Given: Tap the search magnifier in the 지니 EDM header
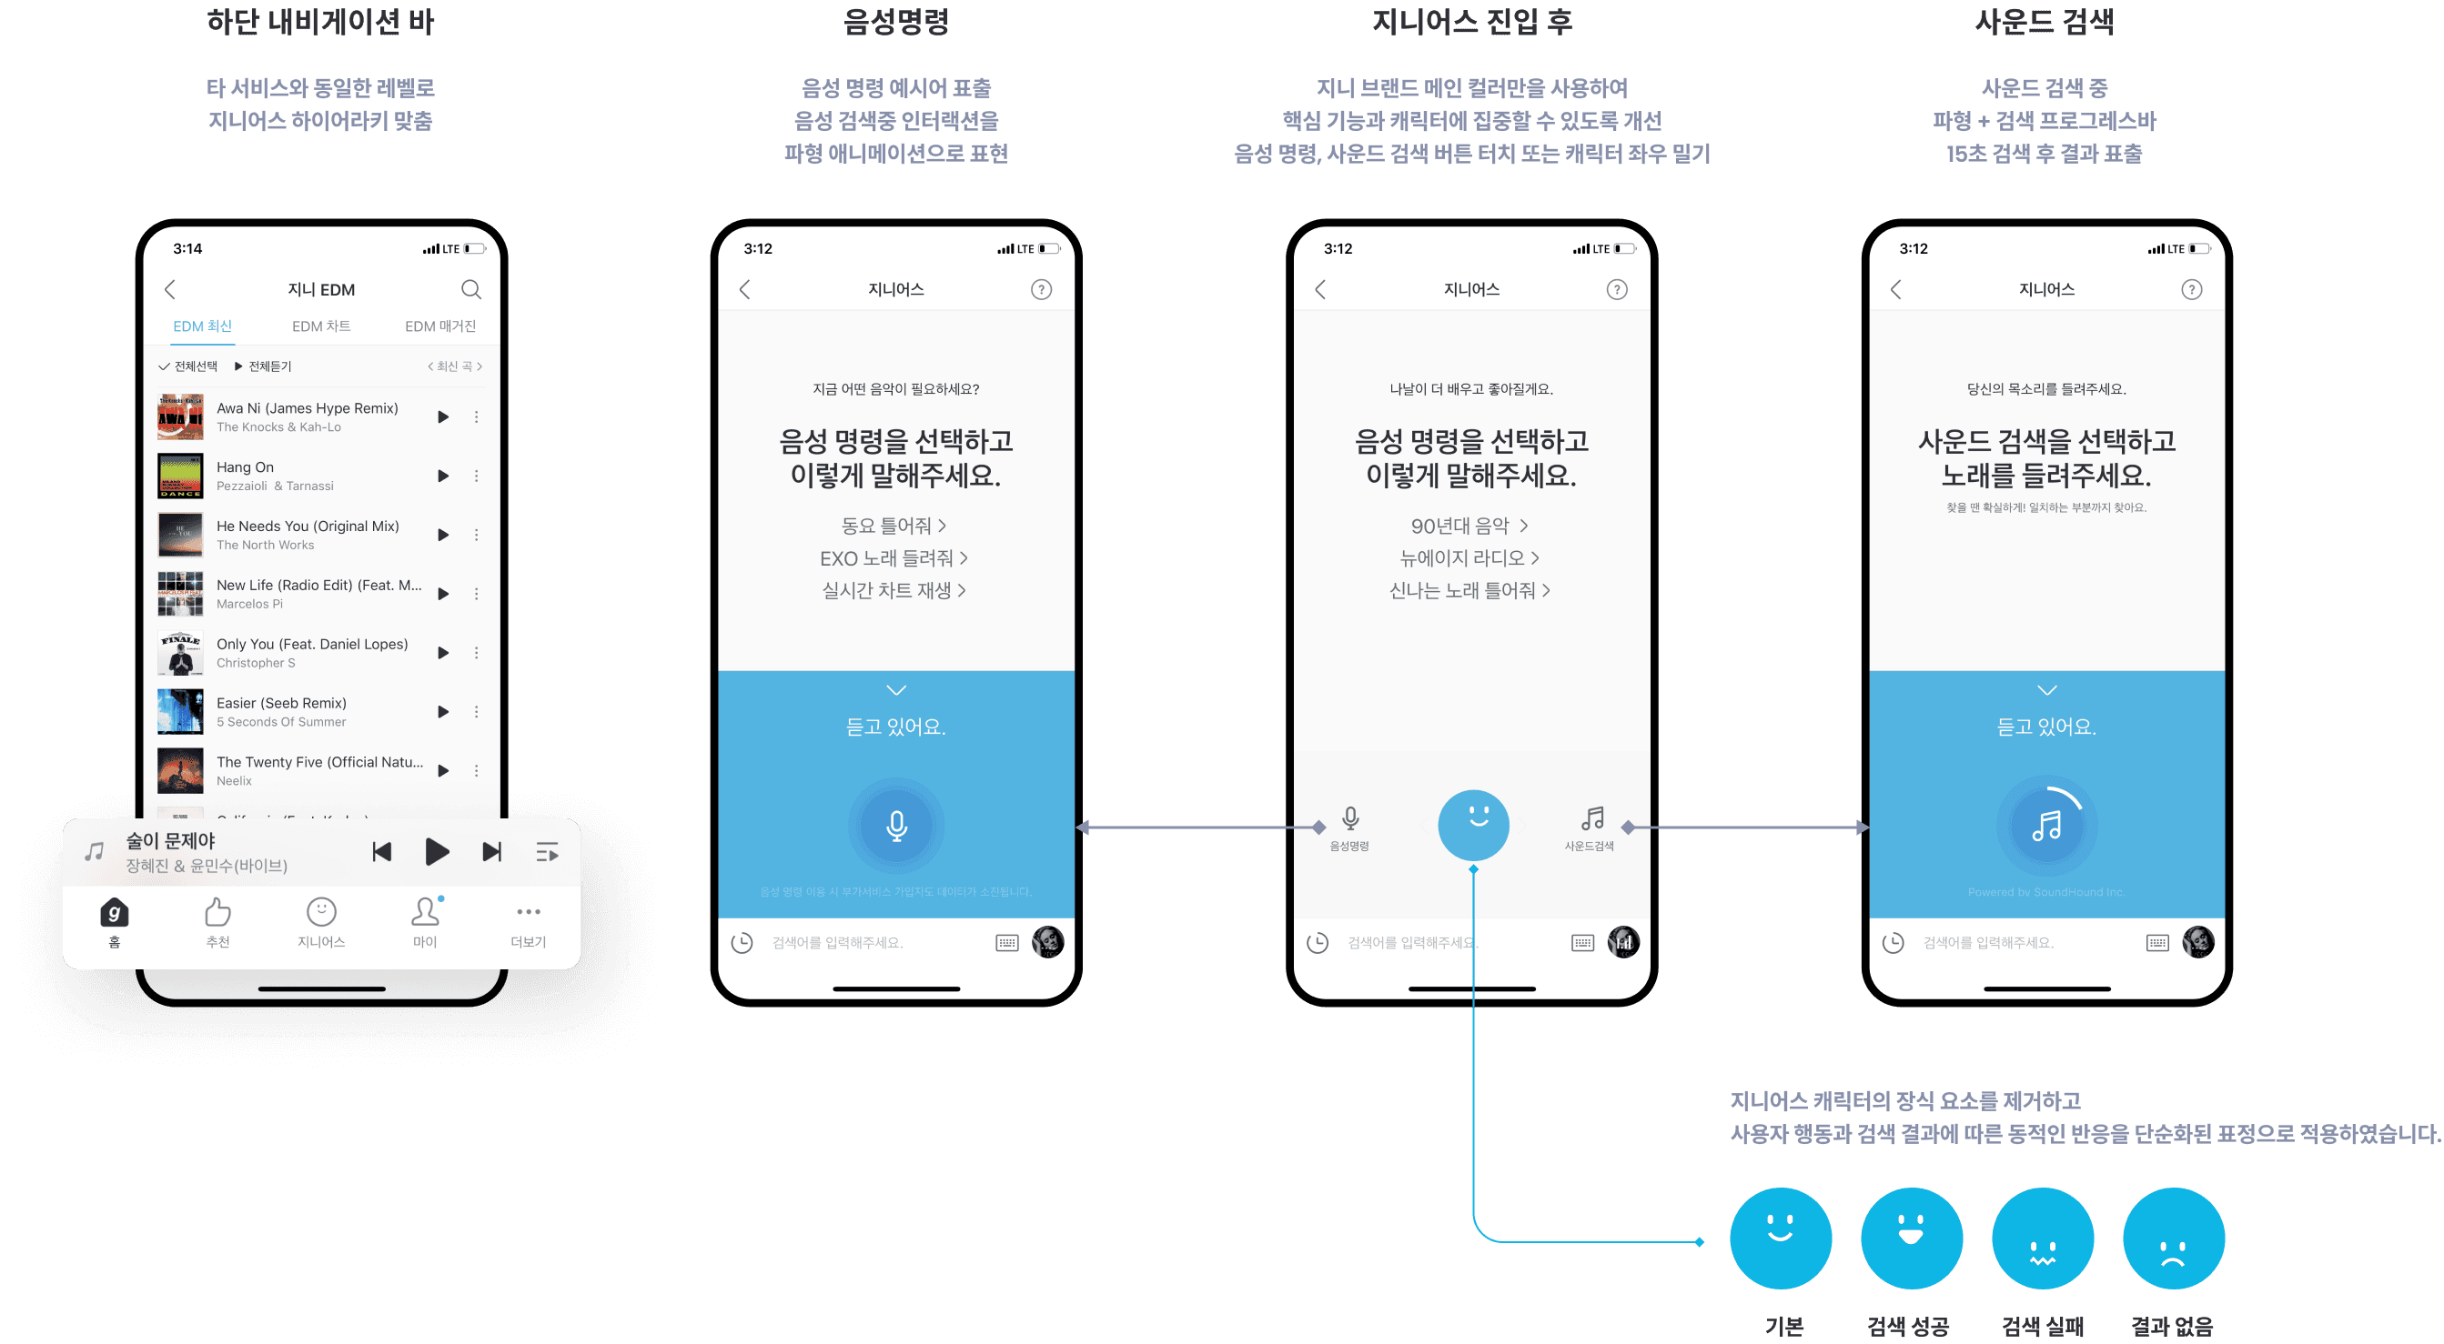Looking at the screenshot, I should [x=470, y=289].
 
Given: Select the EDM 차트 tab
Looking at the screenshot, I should [x=320, y=326].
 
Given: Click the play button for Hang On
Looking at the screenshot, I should [x=442, y=476].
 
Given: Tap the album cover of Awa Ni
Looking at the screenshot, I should [x=180, y=417].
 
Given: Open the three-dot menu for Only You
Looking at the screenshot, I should [x=476, y=653].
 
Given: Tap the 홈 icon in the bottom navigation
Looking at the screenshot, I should [x=114, y=913].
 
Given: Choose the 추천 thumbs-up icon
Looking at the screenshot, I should [x=217, y=912].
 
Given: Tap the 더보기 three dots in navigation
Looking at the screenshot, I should [x=529, y=912].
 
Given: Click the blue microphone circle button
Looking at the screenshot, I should [x=895, y=825].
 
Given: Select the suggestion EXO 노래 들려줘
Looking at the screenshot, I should [x=893, y=558].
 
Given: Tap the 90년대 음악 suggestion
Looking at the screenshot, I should [x=1468, y=526].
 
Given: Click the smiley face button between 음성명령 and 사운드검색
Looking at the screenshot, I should [x=1472, y=824].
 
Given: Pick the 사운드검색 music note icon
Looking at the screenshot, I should [x=1592, y=818].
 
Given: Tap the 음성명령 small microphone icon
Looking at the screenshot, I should [x=1350, y=818].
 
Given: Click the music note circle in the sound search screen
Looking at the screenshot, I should [x=2046, y=825].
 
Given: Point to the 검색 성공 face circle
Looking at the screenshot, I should [x=1911, y=1238].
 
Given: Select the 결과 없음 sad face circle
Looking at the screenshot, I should [x=2173, y=1238].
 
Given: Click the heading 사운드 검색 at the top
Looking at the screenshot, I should [x=2044, y=22].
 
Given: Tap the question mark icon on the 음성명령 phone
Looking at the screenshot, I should [x=1041, y=289].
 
